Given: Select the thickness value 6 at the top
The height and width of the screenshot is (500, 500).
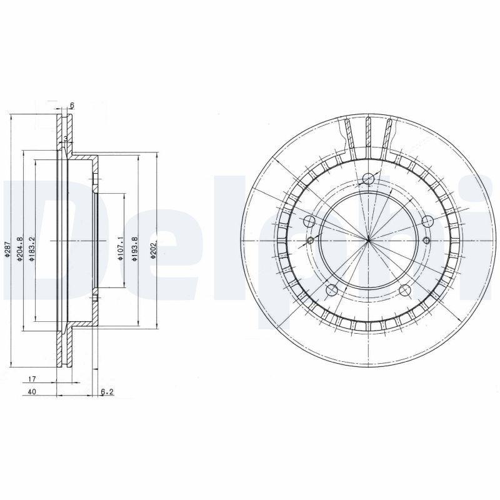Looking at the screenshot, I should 72,106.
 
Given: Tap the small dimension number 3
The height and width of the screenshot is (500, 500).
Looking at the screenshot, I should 65,138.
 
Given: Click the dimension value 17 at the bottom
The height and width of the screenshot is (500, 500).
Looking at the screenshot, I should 32,379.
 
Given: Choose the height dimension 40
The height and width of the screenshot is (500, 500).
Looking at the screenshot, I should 32,392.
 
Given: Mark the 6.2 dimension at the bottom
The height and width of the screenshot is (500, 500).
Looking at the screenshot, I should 107,392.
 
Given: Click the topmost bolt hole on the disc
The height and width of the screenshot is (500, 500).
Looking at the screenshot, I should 368,179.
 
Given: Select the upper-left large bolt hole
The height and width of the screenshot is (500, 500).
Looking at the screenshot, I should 309,221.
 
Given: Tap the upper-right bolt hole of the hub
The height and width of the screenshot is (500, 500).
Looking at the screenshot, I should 427,221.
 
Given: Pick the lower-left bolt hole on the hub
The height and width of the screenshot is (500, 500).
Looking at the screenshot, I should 332,290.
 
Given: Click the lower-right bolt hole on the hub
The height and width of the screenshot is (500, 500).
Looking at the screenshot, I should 405,290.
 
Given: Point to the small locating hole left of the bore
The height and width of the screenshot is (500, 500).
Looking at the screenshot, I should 311,240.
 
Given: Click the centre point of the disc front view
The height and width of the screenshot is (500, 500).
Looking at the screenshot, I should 369,241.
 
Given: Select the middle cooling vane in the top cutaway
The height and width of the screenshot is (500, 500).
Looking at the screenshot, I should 368,134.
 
